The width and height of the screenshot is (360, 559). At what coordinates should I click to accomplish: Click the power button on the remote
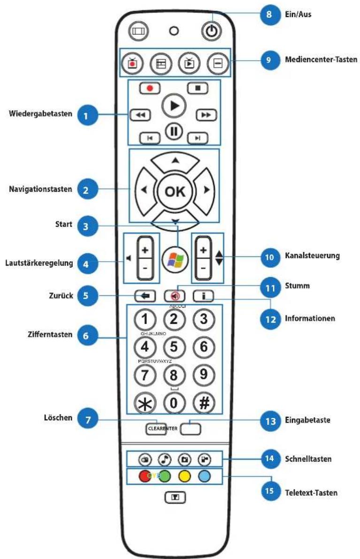click(x=211, y=31)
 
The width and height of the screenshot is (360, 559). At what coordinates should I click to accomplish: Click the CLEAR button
click(x=154, y=428)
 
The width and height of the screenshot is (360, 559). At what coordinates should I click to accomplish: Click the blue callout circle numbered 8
click(x=269, y=15)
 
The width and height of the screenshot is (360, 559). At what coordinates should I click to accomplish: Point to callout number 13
click(x=269, y=420)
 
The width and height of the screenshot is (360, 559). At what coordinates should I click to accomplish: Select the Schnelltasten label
click(x=308, y=459)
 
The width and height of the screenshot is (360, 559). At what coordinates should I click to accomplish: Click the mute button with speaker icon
click(x=174, y=296)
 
